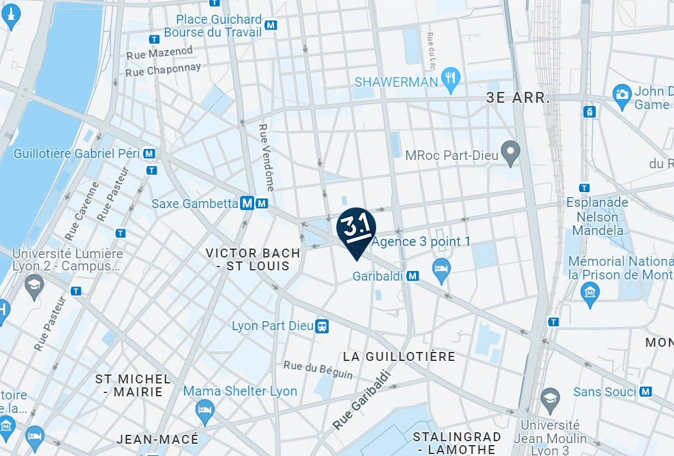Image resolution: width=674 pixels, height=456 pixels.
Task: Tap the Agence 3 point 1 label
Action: coord(421,242)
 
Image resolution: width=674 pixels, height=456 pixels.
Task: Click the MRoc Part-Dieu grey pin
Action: coord(511,153)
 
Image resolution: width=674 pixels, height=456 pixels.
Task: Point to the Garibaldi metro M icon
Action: coord(413,276)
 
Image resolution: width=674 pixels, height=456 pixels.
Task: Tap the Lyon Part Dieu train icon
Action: coord(322,326)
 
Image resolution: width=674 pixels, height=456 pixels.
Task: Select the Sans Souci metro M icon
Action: coord(646,391)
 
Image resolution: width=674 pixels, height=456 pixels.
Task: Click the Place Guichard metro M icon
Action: coord(272,25)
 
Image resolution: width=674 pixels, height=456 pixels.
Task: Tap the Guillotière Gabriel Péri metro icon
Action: coord(150,154)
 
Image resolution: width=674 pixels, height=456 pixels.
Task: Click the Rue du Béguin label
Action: coord(318,369)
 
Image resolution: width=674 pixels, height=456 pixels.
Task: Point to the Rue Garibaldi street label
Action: coord(361,401)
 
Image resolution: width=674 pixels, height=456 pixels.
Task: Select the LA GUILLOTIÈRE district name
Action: coord(399,356)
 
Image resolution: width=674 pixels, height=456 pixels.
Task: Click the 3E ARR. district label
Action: coord(518,98)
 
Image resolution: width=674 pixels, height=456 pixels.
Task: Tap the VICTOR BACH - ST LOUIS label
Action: coord(253,259)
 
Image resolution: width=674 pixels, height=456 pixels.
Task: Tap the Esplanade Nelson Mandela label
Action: coord(597,216)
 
